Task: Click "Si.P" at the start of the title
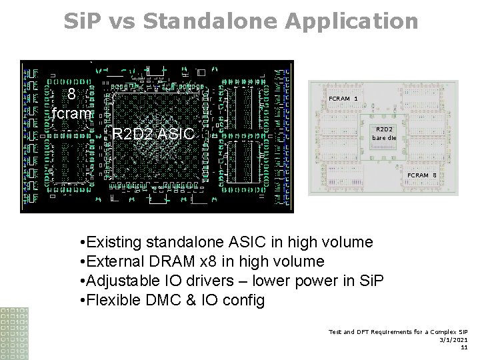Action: [85, 21]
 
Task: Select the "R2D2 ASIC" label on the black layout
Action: [153, 134]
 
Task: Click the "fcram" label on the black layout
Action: [72, 113]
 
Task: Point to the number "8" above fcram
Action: [72, 94]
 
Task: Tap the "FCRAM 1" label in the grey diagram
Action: [343, 98]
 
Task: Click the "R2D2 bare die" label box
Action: [384, 133]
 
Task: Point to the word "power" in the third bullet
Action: [321, 281]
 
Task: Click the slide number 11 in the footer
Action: [464, 347]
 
